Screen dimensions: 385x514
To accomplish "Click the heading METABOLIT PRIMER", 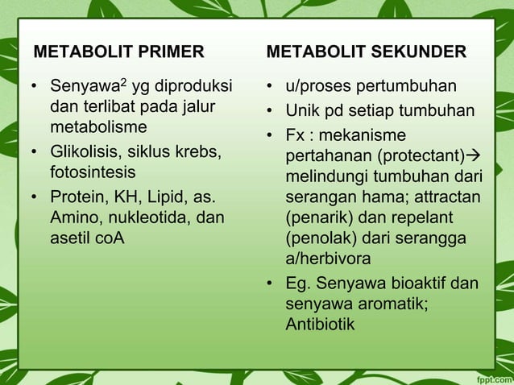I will point(118,52).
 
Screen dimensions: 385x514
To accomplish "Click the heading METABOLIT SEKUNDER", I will point(366,52).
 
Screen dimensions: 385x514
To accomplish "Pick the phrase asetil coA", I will point(87,238).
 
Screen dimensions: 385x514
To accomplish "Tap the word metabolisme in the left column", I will point(98,128).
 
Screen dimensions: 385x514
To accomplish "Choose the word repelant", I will point(418,217).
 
